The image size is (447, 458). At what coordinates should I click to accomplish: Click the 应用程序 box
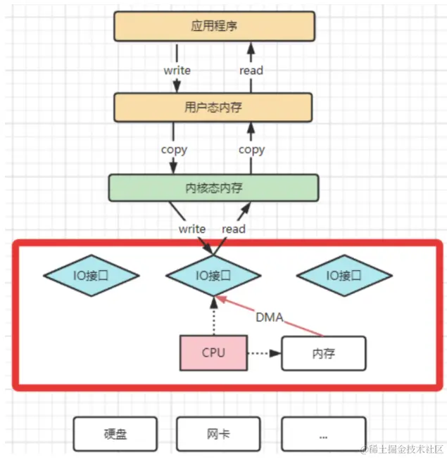pyautogui.click(x=214, y=27)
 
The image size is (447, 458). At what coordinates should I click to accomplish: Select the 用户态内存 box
pyautogui.click(x=213, y=107)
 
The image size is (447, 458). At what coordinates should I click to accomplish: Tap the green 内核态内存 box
pyautogui.click(x=213, y=187)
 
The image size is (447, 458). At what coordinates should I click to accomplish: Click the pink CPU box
pyautogui.click(x=213, y=352)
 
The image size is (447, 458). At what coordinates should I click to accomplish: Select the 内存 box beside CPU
pyautogui.click(x=324, y=353)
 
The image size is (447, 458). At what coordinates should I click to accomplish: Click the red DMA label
pyautogui.click(x=269, y=317)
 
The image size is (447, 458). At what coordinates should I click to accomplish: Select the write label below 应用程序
pyautogui.click(x=177, y=70)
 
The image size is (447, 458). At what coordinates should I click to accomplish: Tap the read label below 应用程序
pyautogui.click(x=251, y=70)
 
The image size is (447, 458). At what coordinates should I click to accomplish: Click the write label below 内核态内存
pyautogui.click(x=192, y=229)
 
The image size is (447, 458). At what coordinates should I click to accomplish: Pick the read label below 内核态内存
pyautogui.click(x=234, y=229)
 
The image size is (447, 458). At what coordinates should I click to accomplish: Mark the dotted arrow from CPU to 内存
pyautogui.click(x=263, y=352)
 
